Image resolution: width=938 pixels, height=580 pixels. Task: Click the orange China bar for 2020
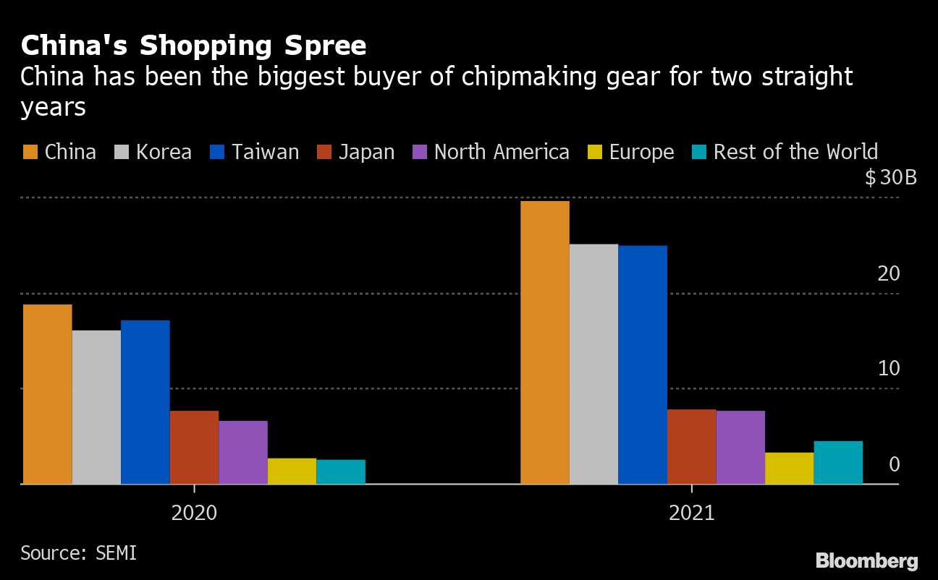click(x=47, y=394)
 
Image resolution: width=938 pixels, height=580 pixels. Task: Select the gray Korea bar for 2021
click(x=593, y=364)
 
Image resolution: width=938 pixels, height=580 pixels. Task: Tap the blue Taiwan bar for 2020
click(x=145, y=402)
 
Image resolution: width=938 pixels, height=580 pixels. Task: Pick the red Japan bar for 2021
click(x=691, y=446)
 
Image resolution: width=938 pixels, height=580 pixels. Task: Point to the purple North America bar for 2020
click(x=242, y=452)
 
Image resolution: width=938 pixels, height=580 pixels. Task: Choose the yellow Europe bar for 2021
click(x=789, y=468)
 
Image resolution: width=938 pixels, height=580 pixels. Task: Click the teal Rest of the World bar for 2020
click(x=340, y=472)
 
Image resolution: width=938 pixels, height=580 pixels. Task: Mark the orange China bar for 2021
click(x=545, y=342)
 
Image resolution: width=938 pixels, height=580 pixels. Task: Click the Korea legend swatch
click(x=122, y=152)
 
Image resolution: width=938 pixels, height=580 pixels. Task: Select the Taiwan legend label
click(x=265, y=152)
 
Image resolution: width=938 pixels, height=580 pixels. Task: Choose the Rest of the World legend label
click(x=795, y=152)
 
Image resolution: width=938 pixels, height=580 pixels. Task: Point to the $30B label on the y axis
click(x=890, y=177)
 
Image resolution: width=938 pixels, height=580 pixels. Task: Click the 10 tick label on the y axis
click(x=888, y=368)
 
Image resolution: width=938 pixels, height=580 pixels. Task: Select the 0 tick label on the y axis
click(x=894, y=464)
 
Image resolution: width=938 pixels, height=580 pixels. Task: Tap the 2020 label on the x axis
click(x=194, y=513)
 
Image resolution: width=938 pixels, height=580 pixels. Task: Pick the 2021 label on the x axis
click(x=691, y=513)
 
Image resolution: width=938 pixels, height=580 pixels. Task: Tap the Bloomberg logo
click(x=866, y=560)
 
